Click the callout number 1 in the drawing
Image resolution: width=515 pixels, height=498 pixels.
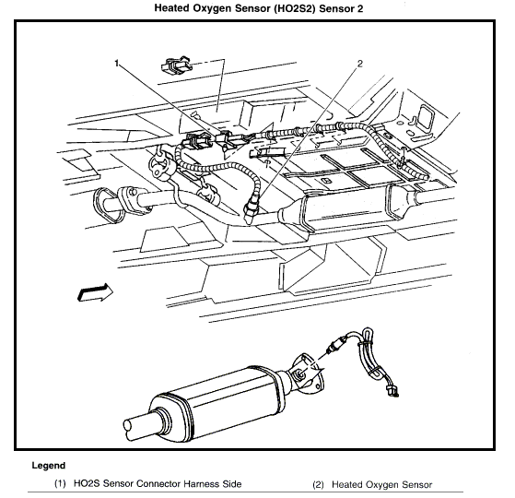point(117,63)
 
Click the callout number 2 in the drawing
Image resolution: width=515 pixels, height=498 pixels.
point(360,64)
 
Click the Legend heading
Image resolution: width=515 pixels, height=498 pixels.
point(49,466)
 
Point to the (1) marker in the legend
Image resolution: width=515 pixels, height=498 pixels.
point(60,484)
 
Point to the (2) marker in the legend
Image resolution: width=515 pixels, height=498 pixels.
point(318,484)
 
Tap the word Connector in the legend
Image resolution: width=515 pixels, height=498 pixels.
point(158,484)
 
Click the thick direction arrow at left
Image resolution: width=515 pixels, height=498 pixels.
point(95,292)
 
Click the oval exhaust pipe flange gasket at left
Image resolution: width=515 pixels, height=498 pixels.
point(107,205)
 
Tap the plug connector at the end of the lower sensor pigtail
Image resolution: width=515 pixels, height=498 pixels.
point(392,391)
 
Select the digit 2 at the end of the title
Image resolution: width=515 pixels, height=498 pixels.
point(359,8)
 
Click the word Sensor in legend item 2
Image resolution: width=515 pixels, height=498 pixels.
point(416,484)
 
